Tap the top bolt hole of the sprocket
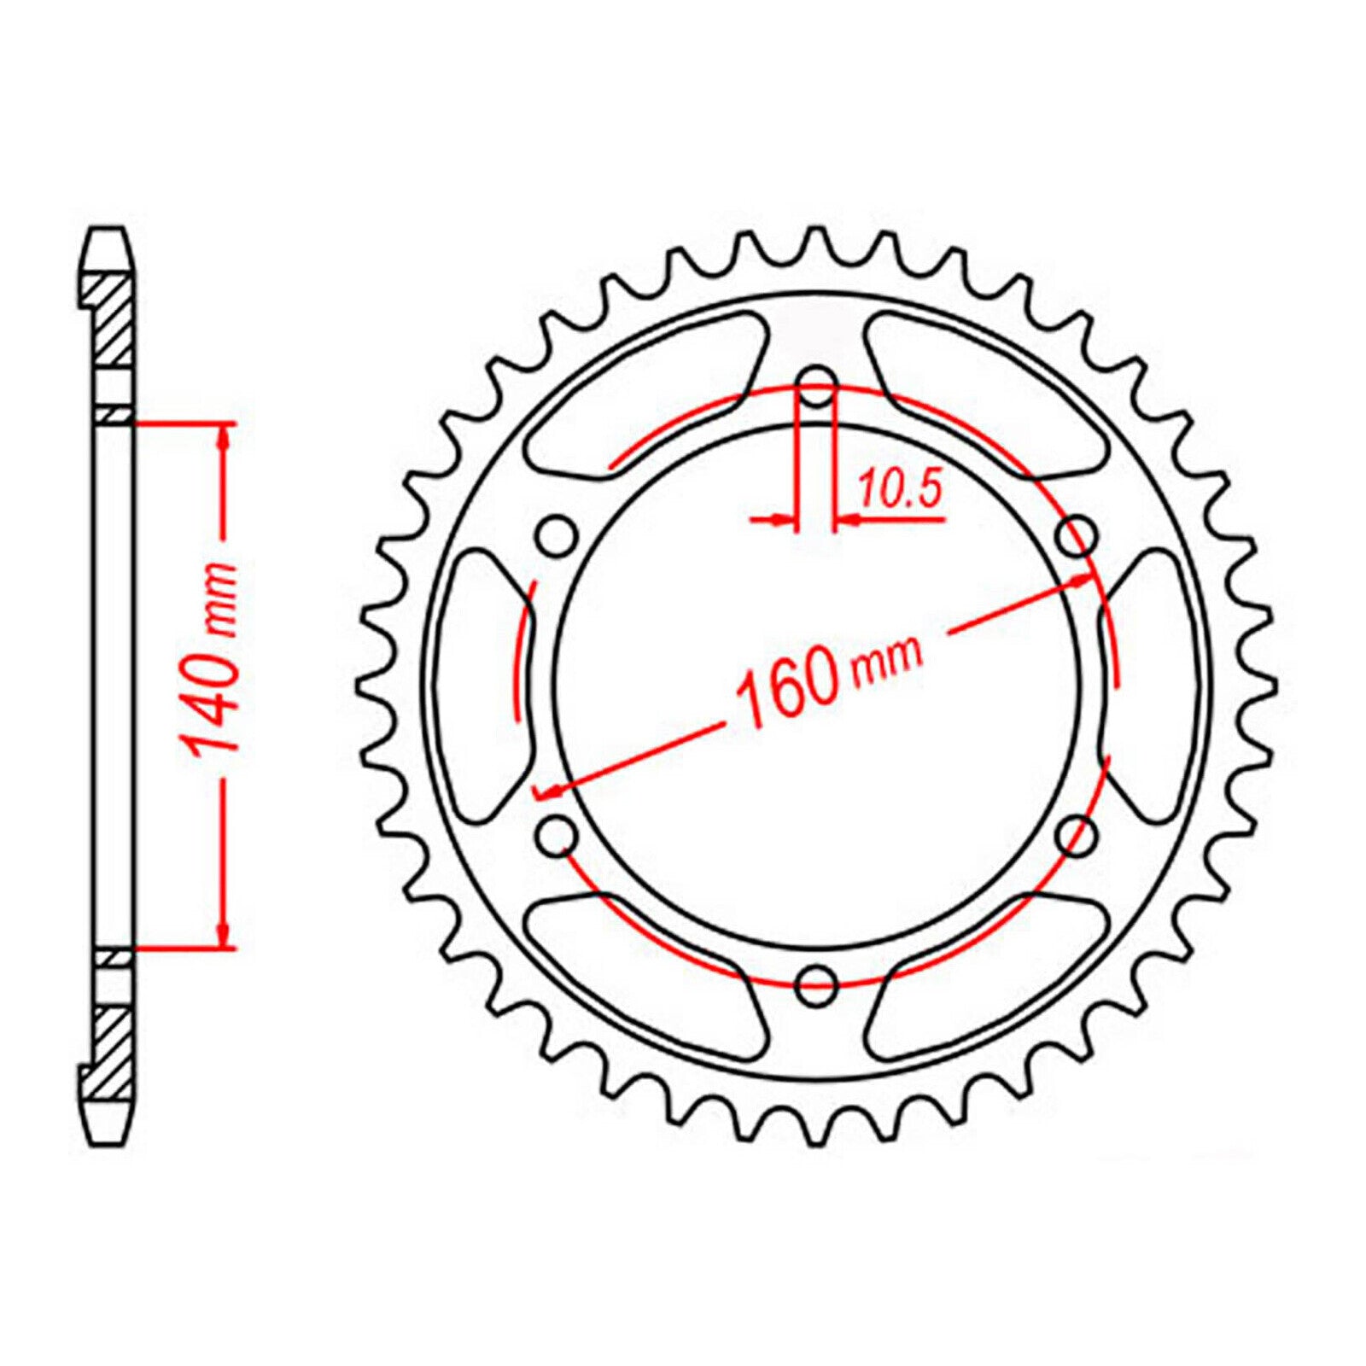tap(817, 386)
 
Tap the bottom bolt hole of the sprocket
tap(817, 984)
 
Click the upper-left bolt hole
tap(557, 536)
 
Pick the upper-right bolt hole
tap(1077, 536)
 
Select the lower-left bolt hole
tap(557, 835)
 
